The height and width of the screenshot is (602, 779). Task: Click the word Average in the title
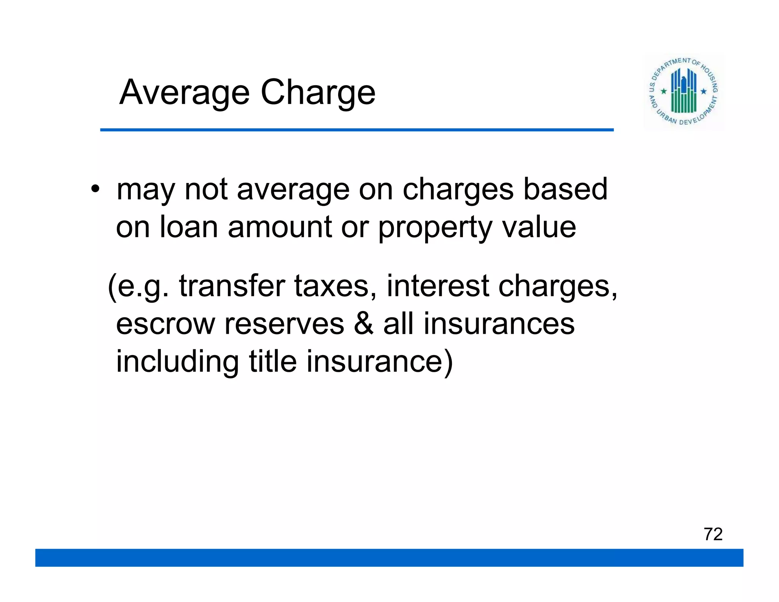[184, 92]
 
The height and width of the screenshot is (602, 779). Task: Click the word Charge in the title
[318, 92]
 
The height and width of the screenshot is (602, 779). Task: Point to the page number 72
[713, 534]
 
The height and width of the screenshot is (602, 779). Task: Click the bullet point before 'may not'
[95, 189]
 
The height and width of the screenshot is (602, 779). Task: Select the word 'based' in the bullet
[565, 189]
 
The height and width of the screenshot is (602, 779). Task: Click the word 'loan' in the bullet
[188, 227]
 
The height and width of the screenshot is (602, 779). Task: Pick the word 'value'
[539, 227]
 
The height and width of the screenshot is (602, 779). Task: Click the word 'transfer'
[232, 285]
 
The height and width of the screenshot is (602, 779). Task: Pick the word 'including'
[177, 362]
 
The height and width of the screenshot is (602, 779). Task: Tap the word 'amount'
[280, 227]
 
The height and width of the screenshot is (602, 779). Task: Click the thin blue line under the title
[357, 130]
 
